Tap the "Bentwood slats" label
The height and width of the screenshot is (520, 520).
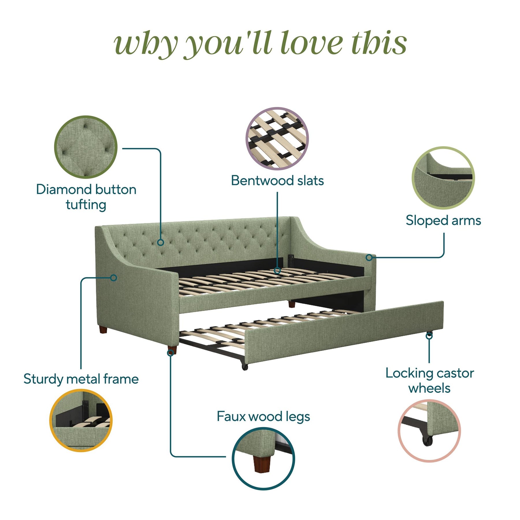tap(277, 181)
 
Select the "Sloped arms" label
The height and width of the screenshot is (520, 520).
tap(443, 220)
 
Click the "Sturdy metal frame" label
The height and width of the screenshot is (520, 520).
tap(81, 379)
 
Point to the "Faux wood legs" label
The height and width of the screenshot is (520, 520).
tap(263, 417)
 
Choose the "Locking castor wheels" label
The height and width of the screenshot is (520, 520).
tap(430, 380)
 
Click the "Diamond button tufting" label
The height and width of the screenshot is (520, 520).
tap(86, 197)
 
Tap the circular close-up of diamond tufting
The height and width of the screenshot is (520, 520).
tap(86, 147)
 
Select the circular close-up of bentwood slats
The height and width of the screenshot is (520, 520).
tap(277, 138)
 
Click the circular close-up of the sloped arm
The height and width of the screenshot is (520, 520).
tap(443, 178)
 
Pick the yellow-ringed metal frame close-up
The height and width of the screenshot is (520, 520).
tap(81, 420)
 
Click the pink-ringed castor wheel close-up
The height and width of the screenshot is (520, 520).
tap(429, 430)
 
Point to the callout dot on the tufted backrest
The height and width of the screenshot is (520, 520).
tap(161, 242)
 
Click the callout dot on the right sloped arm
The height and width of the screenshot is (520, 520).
tap(369, 257)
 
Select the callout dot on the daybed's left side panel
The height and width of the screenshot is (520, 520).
tap(114, 278)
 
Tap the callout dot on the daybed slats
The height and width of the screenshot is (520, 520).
tap(277, 271)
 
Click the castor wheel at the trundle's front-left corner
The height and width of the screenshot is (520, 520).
tap(245, 367)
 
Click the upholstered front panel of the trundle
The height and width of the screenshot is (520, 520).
tap(344, 332)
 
